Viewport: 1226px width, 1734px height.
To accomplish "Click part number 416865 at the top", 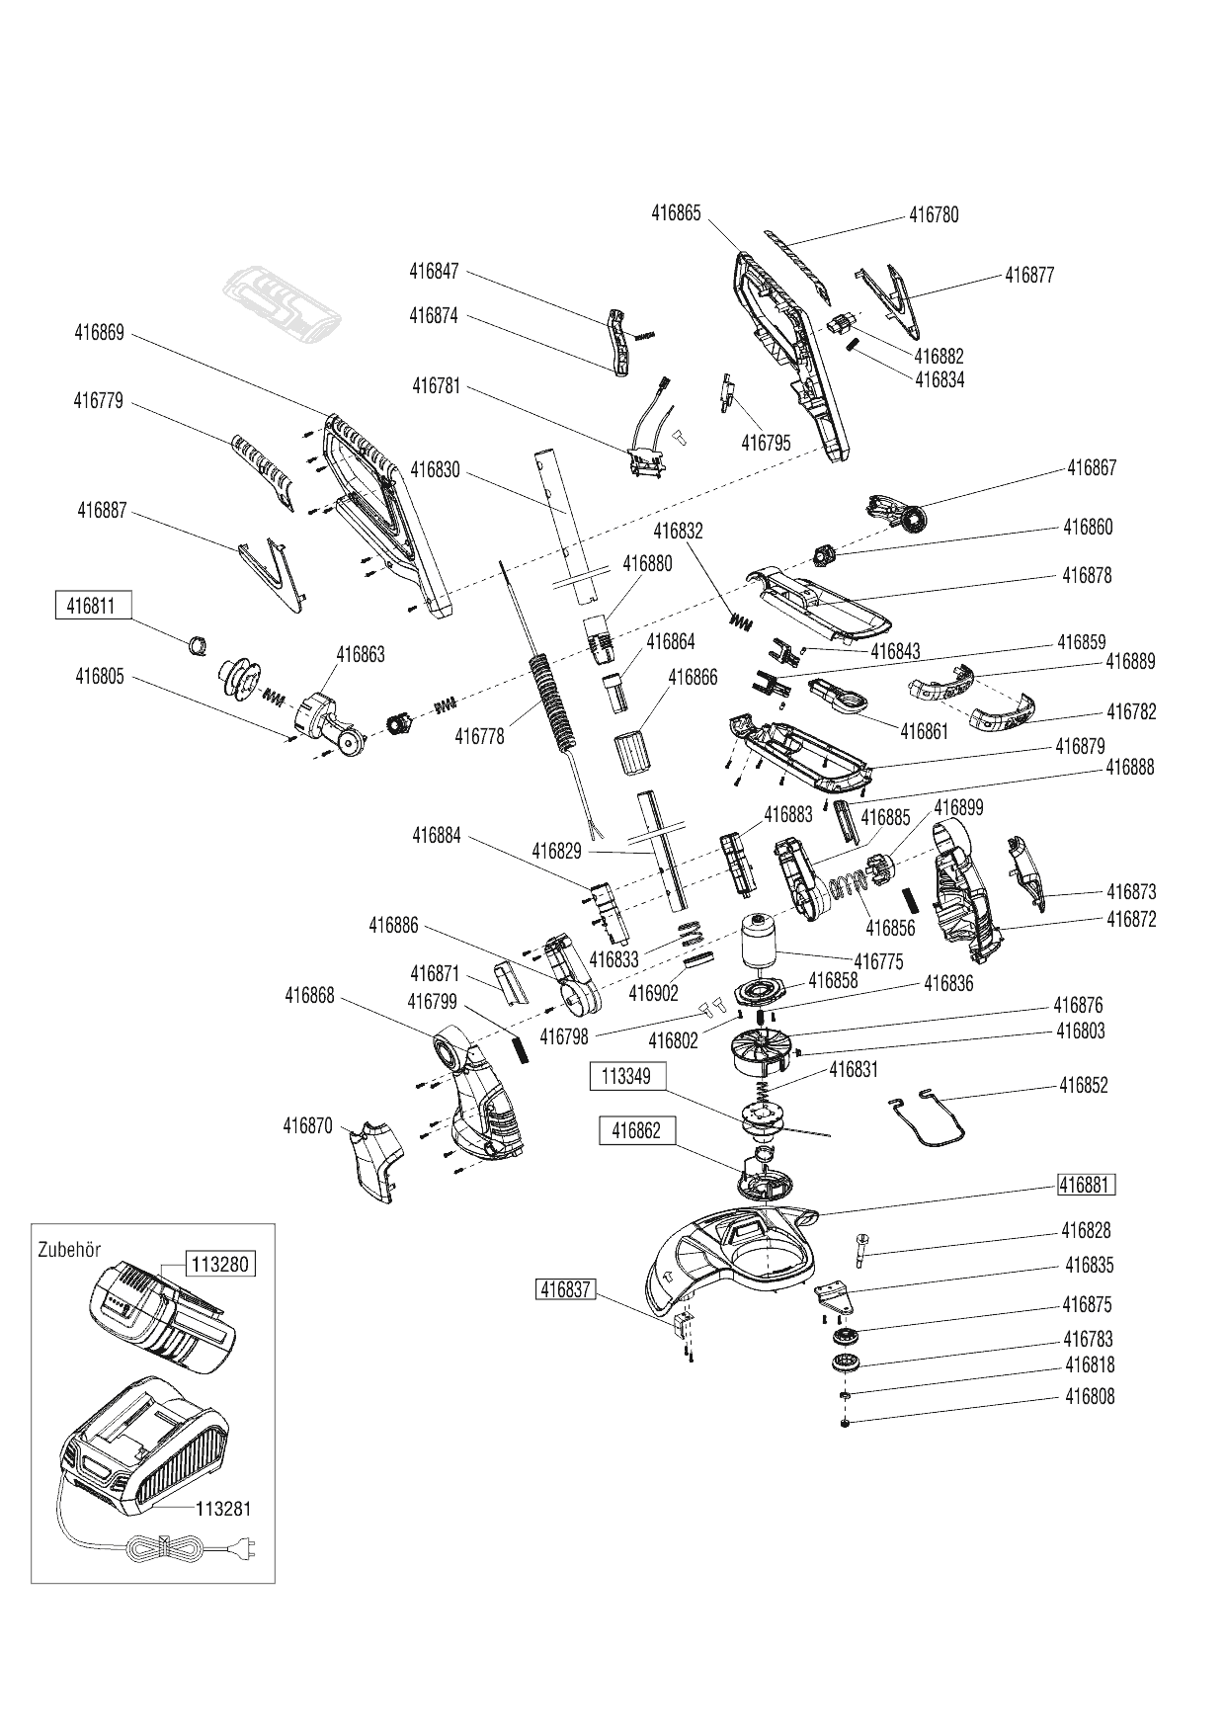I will (676, 212).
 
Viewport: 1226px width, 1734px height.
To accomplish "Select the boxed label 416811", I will (92, 606).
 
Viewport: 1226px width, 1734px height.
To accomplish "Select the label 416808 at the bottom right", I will (1090, 1397).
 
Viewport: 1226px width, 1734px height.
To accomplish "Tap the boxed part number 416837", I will (565, 1288).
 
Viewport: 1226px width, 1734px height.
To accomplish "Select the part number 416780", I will (934, 215).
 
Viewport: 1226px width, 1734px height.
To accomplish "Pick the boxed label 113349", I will (627, 1076).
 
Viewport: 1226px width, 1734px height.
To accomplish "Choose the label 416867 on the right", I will (1092, 467).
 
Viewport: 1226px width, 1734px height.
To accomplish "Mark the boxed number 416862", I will (636, 1130).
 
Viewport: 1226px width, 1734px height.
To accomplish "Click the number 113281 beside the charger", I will (223, 1509).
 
